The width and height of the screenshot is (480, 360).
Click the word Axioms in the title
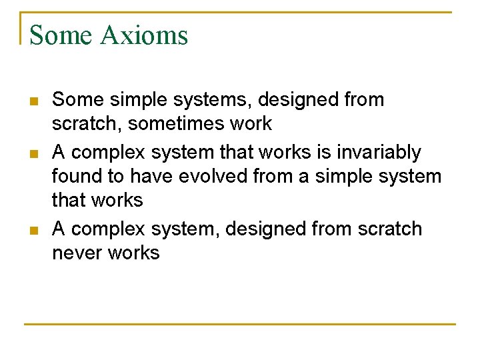144,35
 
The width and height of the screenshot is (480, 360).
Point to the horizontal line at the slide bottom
240,325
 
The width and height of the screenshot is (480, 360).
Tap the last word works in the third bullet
136,253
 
